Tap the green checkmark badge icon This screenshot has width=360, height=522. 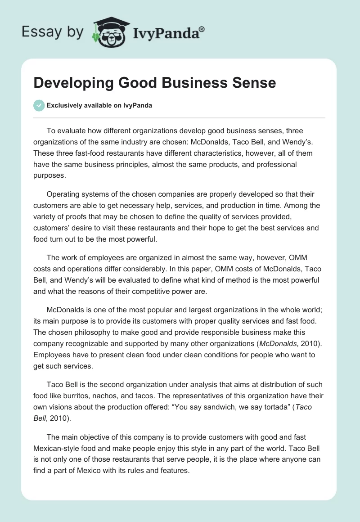(x=39, y=105)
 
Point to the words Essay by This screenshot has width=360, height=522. (x=53, y=32)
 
